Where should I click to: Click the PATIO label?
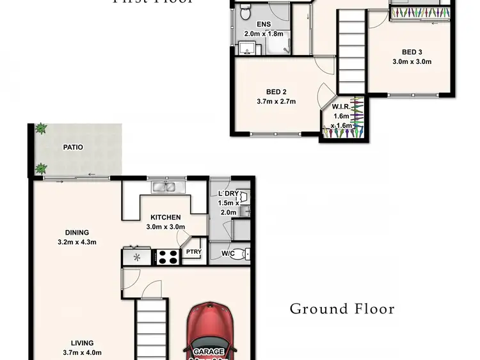pyautogui.click(x=72, y=147)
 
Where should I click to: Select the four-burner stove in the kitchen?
pyautogui.click(x=168, y=257)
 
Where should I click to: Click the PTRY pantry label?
pyautogui.click(x=193, y=252)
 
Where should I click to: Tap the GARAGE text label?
pyautogui.click(x=209, y=352)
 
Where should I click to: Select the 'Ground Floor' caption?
pyautogui.click(x=342, y=309)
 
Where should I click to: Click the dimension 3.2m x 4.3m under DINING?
pyautogui.click(x=76, y=242)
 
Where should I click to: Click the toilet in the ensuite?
pyautogui.click(x=244, y=11)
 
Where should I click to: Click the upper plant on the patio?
pyautogui.click(x=42, y=129)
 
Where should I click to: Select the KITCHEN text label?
pyautogui.click(x=166, y=217)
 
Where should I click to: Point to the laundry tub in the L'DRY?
pyautogui.click(x=243, y=199)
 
